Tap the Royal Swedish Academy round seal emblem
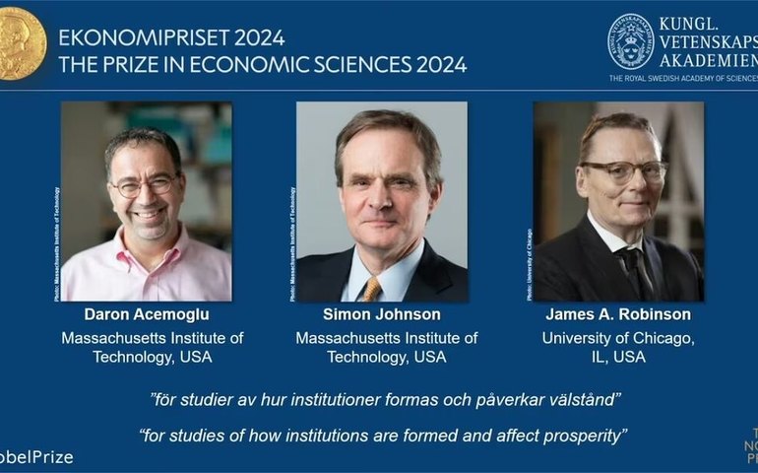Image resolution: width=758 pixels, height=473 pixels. pyautogui.click(x=630, y=41)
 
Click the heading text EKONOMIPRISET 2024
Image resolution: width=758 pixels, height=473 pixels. pyautogui.click(x=171, y=38)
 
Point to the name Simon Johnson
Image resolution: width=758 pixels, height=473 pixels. pyautogui.click(x=382, y=315)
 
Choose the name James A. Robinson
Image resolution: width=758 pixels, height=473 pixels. pyautogui.click(x=618, y=315)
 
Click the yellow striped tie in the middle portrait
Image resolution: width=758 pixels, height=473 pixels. pyautogui.click(x=372, y=288)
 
